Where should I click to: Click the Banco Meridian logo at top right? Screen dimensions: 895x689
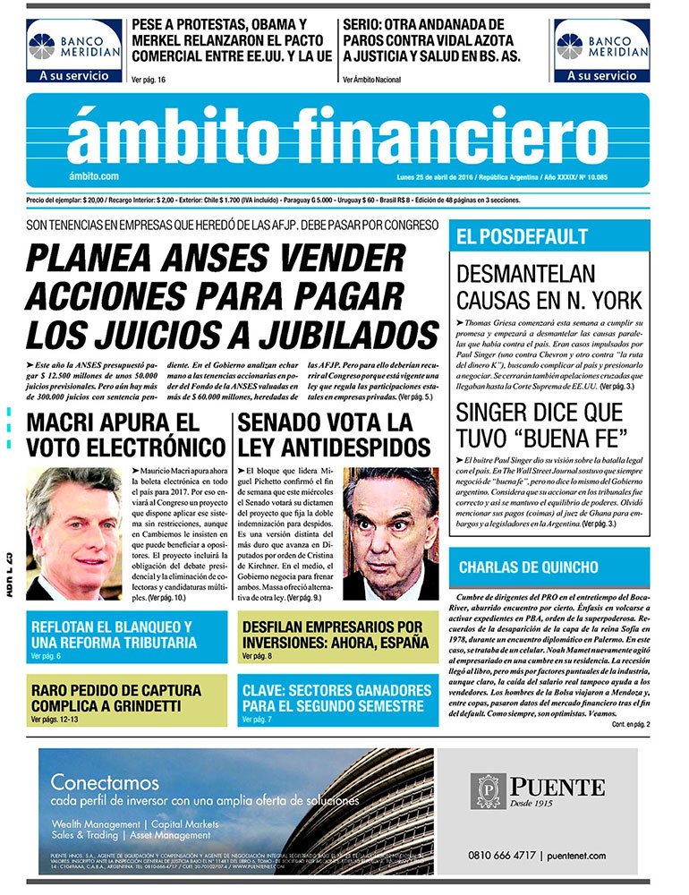(601, 51)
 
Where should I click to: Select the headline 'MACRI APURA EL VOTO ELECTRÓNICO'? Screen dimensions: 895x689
(125, 434)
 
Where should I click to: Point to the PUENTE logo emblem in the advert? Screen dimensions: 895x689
(489, 791)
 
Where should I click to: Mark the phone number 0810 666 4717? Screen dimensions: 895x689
(500, 856)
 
